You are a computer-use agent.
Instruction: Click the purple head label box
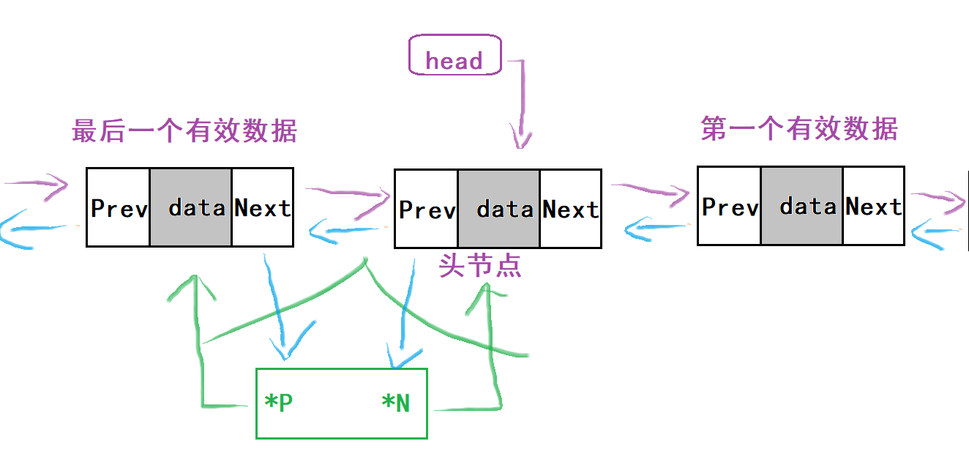[x=454, y=56]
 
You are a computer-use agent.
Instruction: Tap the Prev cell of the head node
[x=426, y=210]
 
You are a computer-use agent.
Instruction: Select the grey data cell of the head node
[x=499, y=210]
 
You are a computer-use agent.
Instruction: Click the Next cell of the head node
[x=570, y=210]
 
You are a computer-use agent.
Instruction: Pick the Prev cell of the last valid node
[x=119, y=208]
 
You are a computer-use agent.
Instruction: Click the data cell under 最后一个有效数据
[x=191, y=208]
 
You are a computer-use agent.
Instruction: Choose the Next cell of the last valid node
[x=262, y=208]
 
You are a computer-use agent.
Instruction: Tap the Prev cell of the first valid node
[x=729, y=207]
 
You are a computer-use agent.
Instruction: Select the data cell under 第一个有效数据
[x=802, y=207]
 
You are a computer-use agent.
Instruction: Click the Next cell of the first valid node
[x=873, y=207]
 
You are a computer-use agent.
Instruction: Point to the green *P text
[x=278, y=403]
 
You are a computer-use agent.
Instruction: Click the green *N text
[x=396, y=403]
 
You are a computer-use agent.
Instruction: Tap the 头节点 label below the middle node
[x=480, y=265]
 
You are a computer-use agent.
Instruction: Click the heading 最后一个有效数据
[x=184, y=131]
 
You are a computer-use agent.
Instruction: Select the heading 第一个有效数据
[x=799, y=129]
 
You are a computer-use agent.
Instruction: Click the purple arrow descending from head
[x=522, y=103]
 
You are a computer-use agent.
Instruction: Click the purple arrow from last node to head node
[x=345, y=193]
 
